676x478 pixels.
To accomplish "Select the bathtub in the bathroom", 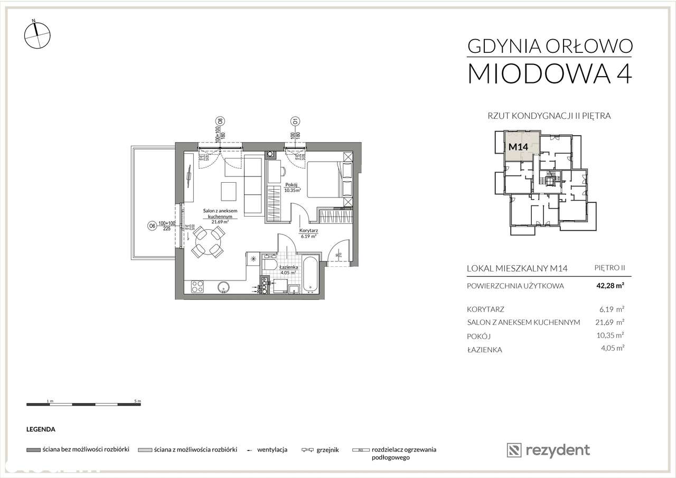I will click(x=309, y=274).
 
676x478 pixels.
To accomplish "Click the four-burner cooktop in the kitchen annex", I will click(x=197, y=287).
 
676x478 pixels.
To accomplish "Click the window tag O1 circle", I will click(x=295, y=120).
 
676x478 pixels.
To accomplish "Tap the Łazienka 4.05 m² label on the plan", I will click(x=289, y=270).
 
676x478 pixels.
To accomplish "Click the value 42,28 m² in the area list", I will click(x=611, y=286).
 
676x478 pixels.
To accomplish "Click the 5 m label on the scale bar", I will click(x=138, y=401).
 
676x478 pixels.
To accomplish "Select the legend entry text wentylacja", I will click(x=272, y=450).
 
